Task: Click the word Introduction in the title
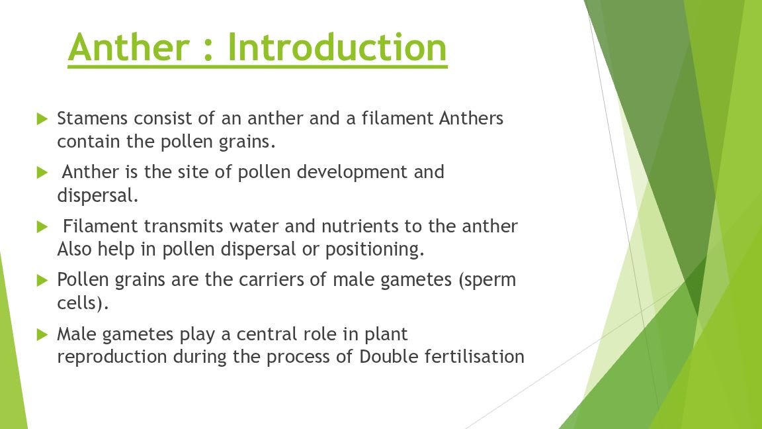[337, 47]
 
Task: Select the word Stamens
[93, 119]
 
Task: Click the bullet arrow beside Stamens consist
[42, 119]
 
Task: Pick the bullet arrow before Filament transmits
[42, 226]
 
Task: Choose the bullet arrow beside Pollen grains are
[42, 280]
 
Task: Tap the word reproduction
[112, 358]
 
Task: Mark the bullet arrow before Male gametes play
[42, 334]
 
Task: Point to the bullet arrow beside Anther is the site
[42, 173]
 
